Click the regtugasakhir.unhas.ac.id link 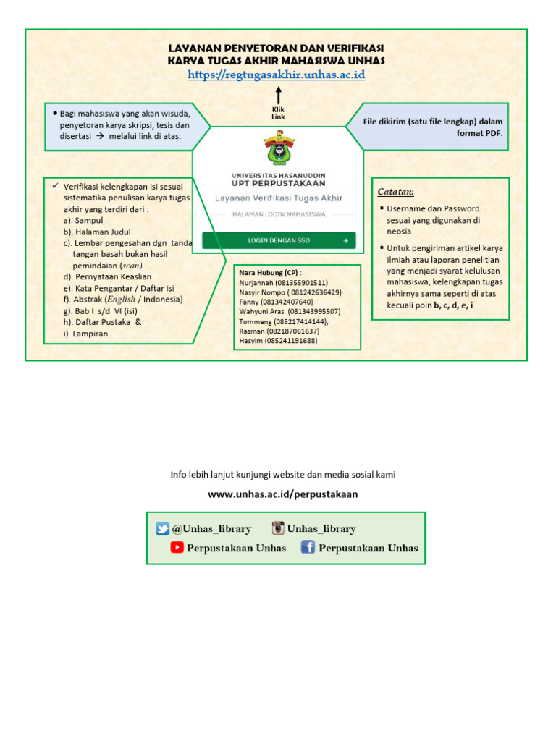point(276,75)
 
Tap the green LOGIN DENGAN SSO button point(279,240)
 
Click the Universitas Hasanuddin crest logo point(279,148)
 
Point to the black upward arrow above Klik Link point(279,96)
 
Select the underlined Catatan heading point(395,192)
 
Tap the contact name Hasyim point(250,340)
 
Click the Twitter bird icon point(163,529)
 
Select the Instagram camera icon point(278,528)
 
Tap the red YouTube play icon point(177,548)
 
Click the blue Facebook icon point(308,548)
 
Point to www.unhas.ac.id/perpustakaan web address point(283,494)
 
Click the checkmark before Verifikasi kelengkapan point(56,185)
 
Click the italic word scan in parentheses point(131,265)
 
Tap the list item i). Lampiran point(86,334)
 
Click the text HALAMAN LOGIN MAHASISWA point(279,215)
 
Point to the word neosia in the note point(399,231)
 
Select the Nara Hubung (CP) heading point(269,273)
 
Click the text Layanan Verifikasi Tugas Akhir point(279,198)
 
